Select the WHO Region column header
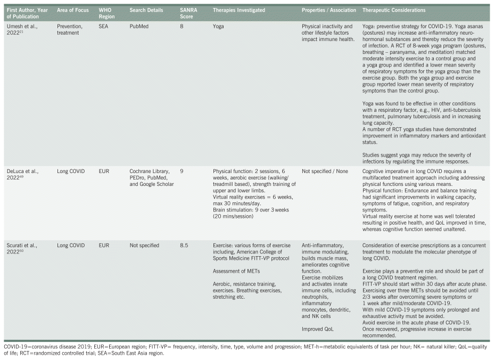[106, 13]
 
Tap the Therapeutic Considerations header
[393, 10]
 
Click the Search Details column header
[147, 10]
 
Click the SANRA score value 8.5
[185, 246]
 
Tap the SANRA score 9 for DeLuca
[182, 170]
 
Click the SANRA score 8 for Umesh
[182, 26]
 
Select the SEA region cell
[104, 26]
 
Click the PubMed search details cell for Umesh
[140, 26]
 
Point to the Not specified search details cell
[144, 246]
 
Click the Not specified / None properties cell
[325, 170]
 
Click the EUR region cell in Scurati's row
[104, 246]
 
